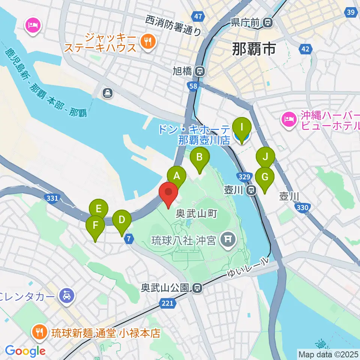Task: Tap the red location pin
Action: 169,193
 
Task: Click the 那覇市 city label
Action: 254,48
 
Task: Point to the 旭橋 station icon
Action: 201,70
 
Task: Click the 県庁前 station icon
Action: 268,22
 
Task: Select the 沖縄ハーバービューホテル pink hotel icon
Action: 288,121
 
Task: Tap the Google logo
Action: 25,351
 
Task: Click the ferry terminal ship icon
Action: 108,93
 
